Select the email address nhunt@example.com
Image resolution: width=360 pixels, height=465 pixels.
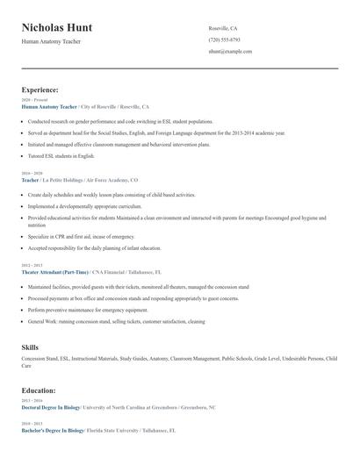pyautogui.click(x=230, y=52)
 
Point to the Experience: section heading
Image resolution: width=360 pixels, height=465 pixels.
pyautogui.click(x=40, y=89)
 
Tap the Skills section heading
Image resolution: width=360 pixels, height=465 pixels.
pyautogui.click(x=30, y=347)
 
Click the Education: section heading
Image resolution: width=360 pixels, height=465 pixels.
pyautogui.click(x=40, y=391)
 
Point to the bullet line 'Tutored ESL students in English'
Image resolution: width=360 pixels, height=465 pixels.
pyautogui.click(x=61, y=155)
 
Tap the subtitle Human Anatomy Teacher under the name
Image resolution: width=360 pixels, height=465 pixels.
pyautogui.click(x=51, y=41)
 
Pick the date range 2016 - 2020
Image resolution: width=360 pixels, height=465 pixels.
pyautogui.click(x=32, y=173)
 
